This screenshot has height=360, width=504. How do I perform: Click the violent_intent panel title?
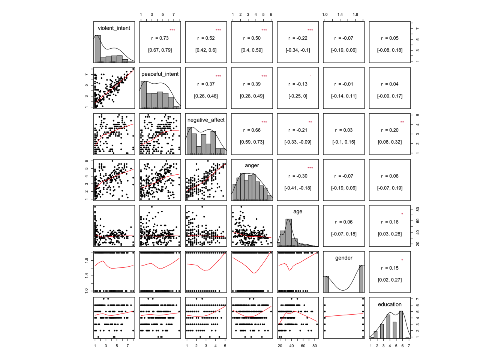click(114, 28)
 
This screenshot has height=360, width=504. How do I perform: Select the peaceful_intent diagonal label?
click(160, 74)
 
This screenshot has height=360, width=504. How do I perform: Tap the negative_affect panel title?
click(206, 120)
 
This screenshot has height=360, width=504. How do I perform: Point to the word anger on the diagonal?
click(252, 165)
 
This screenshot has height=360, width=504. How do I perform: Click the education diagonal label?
click(390, 304)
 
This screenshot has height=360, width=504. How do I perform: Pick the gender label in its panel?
click(343, 258)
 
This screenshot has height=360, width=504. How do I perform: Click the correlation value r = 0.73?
click(160, 38)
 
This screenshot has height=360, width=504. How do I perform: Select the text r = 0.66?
click(252, 130)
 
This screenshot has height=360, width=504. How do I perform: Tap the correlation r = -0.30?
click(298, 176)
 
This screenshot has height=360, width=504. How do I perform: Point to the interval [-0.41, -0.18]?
click(298, 188)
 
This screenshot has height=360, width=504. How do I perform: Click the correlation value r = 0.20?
click(390, 130)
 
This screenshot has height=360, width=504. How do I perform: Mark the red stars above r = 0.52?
click(218, 30)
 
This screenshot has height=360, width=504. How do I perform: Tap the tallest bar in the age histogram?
click(288, 232)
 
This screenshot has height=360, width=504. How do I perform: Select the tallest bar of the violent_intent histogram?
click(97, 49)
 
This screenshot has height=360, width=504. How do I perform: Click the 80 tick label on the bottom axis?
click(315, 346)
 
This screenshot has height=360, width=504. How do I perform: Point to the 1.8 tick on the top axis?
click(355, 15)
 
